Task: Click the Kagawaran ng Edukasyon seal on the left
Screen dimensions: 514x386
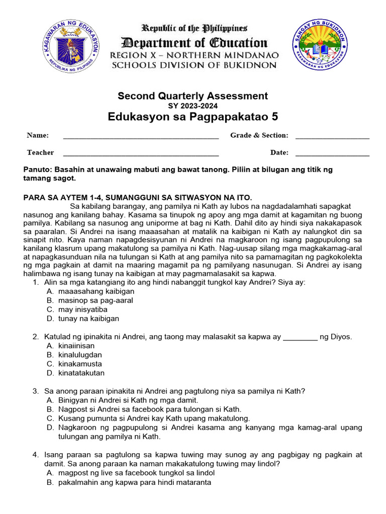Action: [x=70, y=46]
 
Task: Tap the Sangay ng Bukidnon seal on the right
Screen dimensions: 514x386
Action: [x=319, y=46]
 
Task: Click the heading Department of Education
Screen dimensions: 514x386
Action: [x=194, y=43]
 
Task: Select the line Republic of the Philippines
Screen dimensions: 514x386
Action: [x=194, y=28]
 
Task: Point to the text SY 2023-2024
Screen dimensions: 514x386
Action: [x=193, y=106]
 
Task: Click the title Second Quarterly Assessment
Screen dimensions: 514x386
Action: [x=193, y=96]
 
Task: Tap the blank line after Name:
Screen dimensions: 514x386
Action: [x=141, y=137]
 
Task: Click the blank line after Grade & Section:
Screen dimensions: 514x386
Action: [x=332, y=137]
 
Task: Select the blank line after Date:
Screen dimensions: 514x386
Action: [x=332, y=154]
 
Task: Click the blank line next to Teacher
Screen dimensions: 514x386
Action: [x=141, y=154]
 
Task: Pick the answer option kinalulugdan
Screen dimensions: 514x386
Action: [x=80, y=355]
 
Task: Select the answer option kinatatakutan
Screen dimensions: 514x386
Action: [x=81, y=373]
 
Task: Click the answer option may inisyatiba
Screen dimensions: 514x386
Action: [x=83, y=310]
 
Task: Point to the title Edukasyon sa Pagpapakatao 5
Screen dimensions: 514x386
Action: [x=193, y=117]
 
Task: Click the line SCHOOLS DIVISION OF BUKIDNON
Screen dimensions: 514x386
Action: [x=194, y=65]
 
